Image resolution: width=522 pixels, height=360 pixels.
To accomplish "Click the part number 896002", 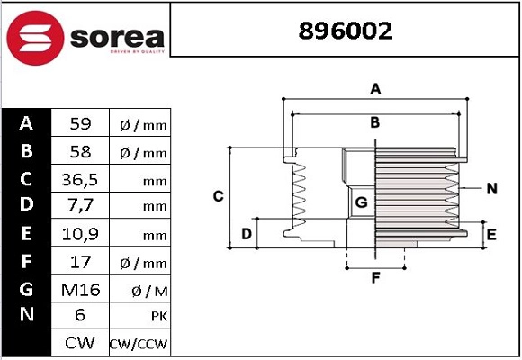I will pyautogui.click(x=346, y=31).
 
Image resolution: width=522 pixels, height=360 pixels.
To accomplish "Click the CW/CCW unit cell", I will pyautogui.click(x=139, y=344).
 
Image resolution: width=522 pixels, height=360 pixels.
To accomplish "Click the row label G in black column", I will pyautogui.click(x=26, y=289).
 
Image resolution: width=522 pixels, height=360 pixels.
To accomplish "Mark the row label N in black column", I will pyautogui.click(x=26, y=316).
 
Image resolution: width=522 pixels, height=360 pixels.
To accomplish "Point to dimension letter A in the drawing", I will pyautogui.click(x=376, y=88).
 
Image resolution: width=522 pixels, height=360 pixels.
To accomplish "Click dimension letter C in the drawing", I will pyautogui.click(x=218, y=196).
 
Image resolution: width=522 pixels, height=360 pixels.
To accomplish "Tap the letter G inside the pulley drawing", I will pyautogui.click(x=361, y=202).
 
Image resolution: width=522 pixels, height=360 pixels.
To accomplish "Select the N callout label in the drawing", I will pyautogui.click(x=491, y=188).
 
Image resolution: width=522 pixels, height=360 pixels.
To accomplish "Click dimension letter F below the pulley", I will pyautogui.click(x=376, y=277).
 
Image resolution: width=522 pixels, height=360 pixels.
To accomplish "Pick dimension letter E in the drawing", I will pyautogui.click(x=490, y=235).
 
